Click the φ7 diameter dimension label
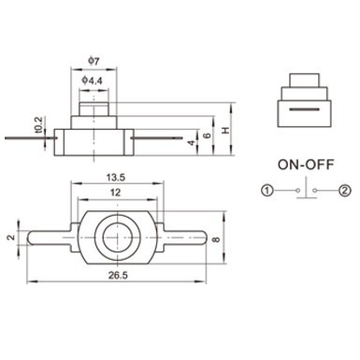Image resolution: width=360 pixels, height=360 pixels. (x=94, y=61)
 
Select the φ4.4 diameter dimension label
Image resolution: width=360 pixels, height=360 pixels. (x=92, y=80)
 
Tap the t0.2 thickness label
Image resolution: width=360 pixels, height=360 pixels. (x=38, y=124)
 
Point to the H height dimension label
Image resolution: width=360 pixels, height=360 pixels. (x=225, y=130)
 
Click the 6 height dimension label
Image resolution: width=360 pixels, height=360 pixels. (x=207, y=135)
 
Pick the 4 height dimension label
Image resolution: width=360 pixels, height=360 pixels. (x=192, y=143)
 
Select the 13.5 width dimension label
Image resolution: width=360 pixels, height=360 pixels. (x=116, y=178)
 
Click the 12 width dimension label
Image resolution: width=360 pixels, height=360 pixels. (x=115, y=193)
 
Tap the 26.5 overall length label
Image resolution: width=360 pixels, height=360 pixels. (x=118, y=276)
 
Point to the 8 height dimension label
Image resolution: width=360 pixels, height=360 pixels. (x=216, y=239)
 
